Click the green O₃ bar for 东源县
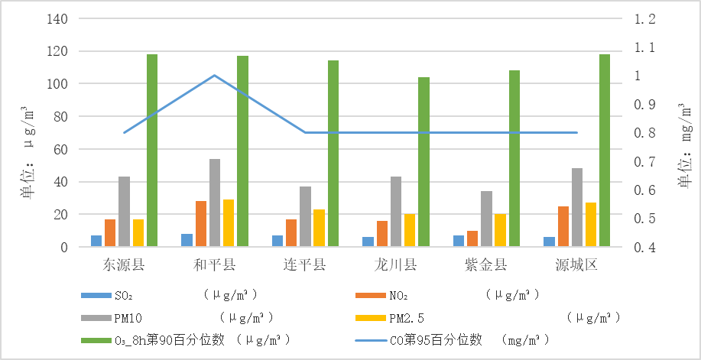click(x=152, y=151)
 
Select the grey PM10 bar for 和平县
click(x=215, y=203)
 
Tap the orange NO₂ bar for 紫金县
click(x=472, y=238)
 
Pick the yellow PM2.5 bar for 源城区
click(x=590, y=225)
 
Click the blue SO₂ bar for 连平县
click(x=277, y=241)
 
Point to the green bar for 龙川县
click(x=424, y=162)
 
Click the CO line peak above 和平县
click(x=214, y=75)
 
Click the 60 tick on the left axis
click(x=60, y=150)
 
